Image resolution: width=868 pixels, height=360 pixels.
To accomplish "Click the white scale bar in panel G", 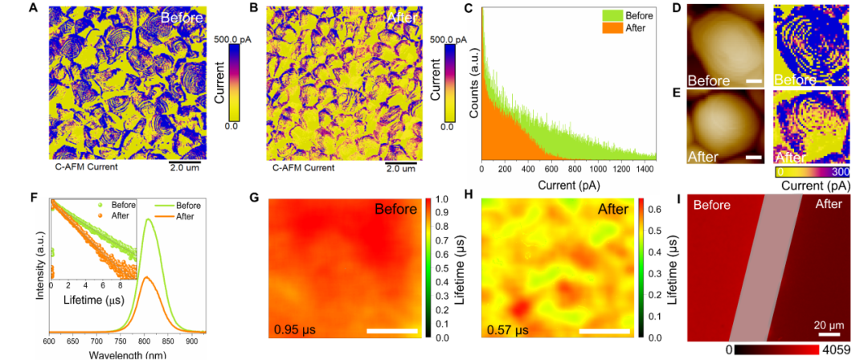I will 392,329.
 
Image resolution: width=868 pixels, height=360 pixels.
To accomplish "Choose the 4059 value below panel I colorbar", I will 836,351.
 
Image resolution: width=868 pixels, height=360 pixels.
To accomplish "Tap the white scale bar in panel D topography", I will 753,81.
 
